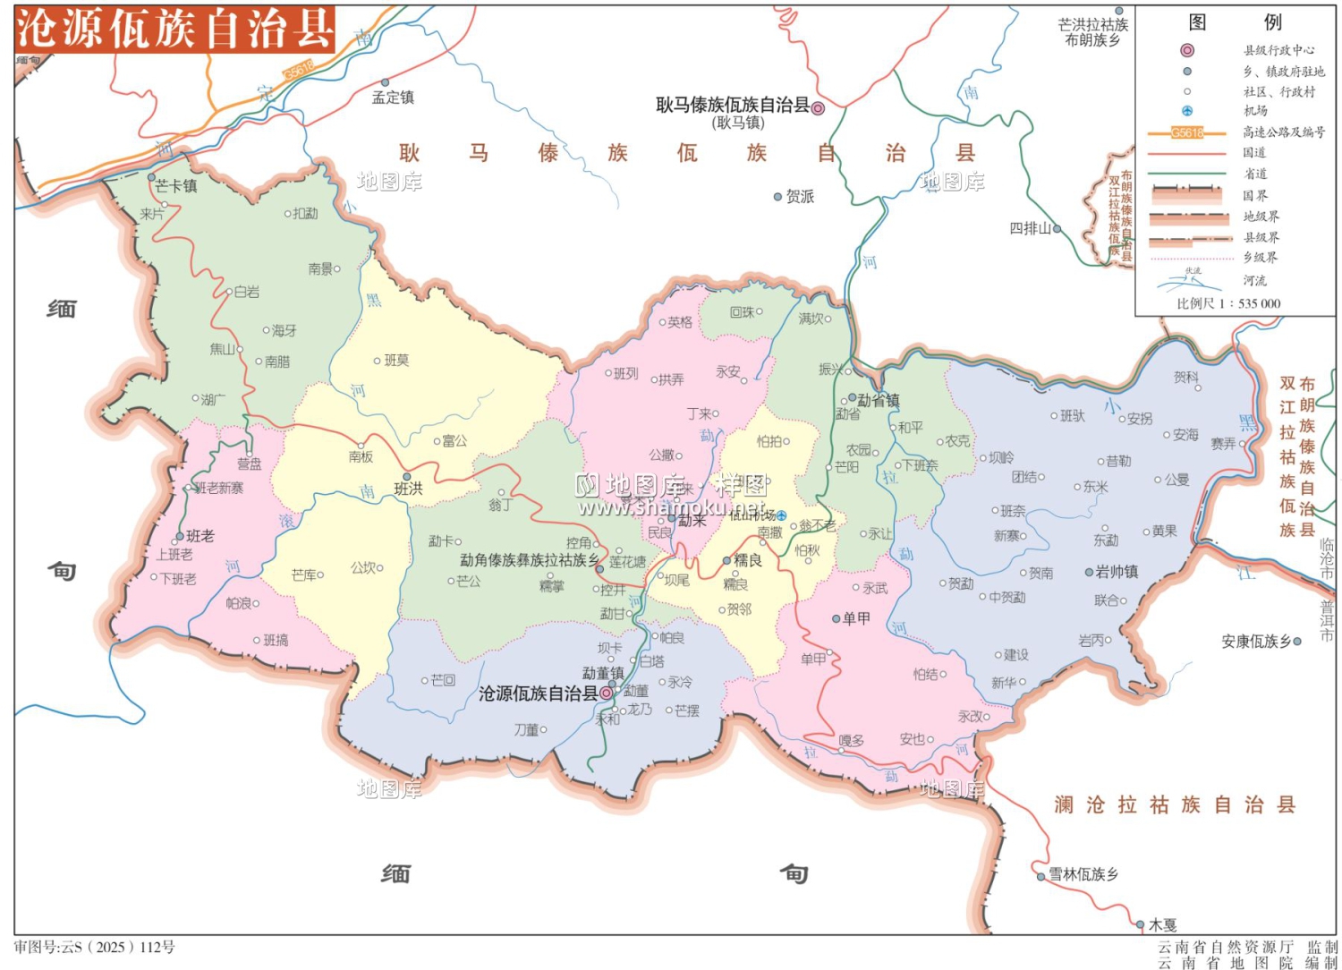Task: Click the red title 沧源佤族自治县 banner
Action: coord(174,29)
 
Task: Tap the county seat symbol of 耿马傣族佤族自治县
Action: coord(817,107)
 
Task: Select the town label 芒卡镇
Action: coord(175,186)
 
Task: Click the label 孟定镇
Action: coord(393,98)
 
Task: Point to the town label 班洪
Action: coord(408,489)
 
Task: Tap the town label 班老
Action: coord(200,536)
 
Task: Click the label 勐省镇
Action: coord(878,400)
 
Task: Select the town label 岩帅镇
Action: coord(1116,571)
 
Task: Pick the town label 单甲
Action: coord(856,617)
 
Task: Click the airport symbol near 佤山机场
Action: coord(781,515)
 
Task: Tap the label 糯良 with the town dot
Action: coord(747,560)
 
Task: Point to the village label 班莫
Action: coord(395,360)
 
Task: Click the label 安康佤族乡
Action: coord(1256,641)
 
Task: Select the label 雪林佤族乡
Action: coord(1083,873)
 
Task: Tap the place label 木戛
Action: coord(1162,924)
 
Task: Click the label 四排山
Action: coord(1030,228)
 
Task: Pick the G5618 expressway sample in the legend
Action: coord(1186,132)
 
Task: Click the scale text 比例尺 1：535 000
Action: coord(1228,303)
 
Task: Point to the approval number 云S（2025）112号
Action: coord(95,947)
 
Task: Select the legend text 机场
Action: coord(1255,111)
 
